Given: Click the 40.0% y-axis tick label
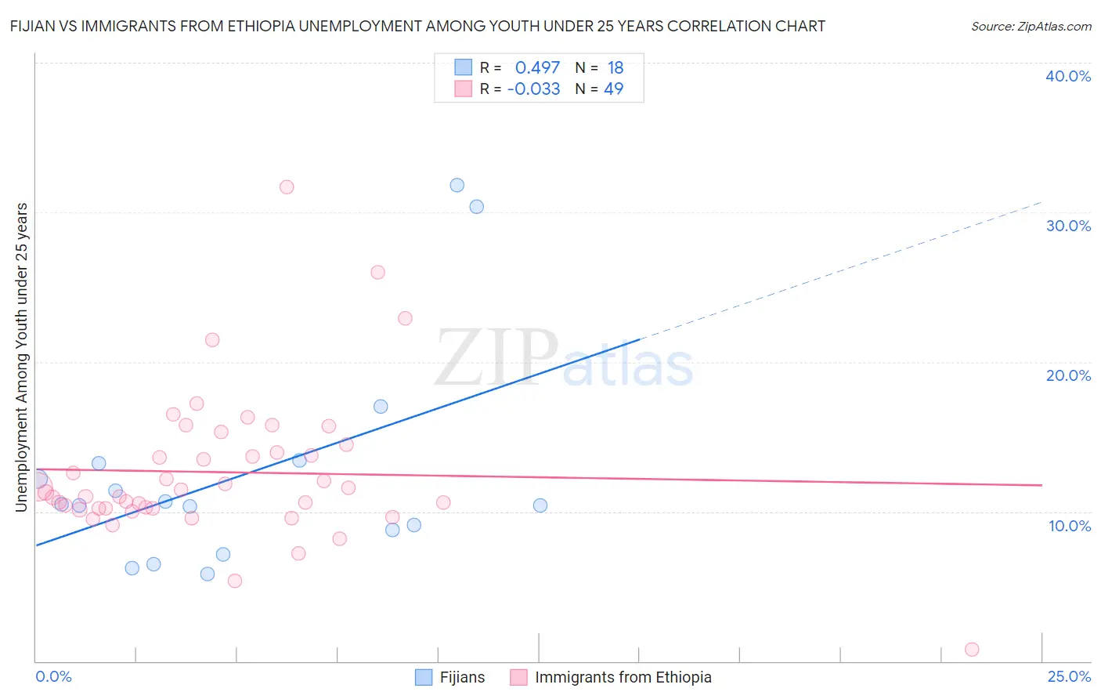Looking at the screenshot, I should (x=1068, y=76).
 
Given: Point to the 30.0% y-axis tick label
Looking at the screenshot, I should (x=1068, y=226).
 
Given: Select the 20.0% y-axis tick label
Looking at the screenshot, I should (x=1068, y=375).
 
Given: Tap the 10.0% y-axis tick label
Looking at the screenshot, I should (x=1070, y=526).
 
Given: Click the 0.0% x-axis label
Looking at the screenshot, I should (x=53, y=676).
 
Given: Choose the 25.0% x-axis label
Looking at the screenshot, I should (x=1069, y=676).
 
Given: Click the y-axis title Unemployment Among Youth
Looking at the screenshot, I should (x=21, y=357).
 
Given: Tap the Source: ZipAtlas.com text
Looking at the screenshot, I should (x=1031, y=26).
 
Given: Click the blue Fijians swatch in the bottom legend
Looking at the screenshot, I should (x=424, y=677).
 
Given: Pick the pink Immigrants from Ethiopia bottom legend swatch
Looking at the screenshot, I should (x=518, y=677).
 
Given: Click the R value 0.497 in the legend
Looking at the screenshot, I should (x=537, y=68).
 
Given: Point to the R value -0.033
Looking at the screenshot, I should (x=533, y=89).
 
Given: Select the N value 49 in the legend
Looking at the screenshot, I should (x=613, y=89).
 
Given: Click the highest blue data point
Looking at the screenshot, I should (x=457, y=185).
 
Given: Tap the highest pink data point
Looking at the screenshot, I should (x=287, y=187).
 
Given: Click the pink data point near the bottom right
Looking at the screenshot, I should (x=972, y=649).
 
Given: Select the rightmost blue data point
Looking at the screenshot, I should (x=540, y=505).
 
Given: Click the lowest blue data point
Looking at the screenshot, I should (x=208, y=574).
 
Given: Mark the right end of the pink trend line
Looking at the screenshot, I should (x=1041, y=485).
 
